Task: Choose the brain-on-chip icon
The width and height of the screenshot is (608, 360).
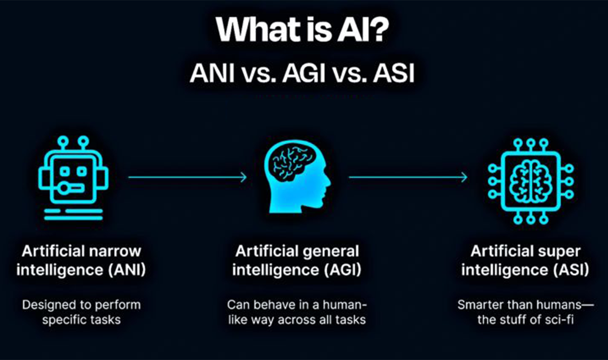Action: (531, 180)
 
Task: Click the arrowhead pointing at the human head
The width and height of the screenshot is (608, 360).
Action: (244, 177)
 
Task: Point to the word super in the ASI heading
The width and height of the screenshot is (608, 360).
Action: (559, 251)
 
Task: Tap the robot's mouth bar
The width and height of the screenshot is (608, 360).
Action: (75, 185)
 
